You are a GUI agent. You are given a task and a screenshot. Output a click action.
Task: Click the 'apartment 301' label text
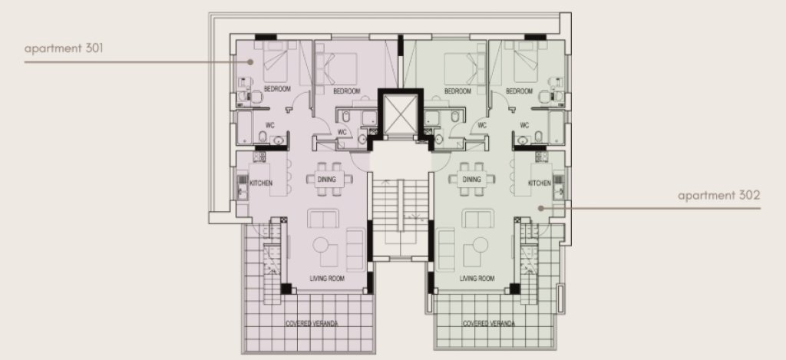(x=64, y=48)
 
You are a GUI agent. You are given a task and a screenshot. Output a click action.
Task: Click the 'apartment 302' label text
(x=718, y=196)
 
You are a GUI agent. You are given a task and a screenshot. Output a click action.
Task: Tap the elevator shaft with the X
(x=400, y=115)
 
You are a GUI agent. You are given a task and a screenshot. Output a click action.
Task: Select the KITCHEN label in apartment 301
(x=261, y=183)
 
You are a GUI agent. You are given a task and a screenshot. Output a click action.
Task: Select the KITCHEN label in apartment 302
(x=540, y=183)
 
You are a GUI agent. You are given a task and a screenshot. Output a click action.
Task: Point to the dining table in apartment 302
(x=472, y=179)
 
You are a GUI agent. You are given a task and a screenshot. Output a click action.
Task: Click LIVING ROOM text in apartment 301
(x=327, y=279)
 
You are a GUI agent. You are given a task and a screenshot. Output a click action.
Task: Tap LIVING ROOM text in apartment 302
(x=477, y=279)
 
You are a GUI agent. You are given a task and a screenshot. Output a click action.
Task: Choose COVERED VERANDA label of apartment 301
(x=312, y=323)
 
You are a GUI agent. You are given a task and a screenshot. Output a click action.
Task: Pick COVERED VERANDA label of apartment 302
(x=489, y=323)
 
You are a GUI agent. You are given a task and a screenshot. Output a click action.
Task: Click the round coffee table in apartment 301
(x=321, y=245)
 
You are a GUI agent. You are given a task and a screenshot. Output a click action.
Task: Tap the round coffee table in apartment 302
(x=480, y=245)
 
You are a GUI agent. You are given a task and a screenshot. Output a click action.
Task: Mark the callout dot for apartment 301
(x=250, y=61)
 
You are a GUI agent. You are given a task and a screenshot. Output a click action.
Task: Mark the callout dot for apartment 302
(x=541, y=207)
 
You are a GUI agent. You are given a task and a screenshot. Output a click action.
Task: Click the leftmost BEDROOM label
(x=277, y=89)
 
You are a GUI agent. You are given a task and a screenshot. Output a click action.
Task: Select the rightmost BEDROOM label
(x=520, y=91)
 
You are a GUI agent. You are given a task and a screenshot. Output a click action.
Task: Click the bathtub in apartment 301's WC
(x=244, y=127)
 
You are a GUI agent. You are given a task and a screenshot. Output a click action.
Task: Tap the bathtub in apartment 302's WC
(x=556, y=127)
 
